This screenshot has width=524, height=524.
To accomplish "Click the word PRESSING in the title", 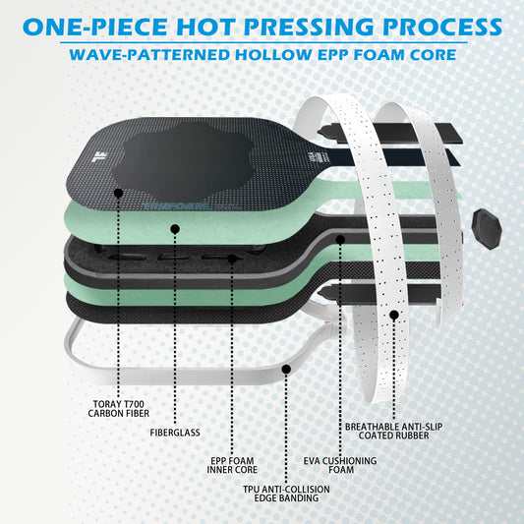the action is pos(308,27).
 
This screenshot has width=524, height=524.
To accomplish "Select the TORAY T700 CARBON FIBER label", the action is pos(119,409).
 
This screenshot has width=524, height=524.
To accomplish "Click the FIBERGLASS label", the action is pos(175,433).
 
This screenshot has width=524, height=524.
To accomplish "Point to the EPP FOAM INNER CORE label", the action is pos(232,465).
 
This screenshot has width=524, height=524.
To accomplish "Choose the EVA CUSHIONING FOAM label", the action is pos(340,465).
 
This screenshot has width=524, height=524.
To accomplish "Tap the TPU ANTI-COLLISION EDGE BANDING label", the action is pos(286,494).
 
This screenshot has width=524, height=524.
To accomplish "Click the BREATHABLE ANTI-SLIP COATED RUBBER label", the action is pos(393,432).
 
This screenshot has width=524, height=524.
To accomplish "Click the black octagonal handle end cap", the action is pos(487,229).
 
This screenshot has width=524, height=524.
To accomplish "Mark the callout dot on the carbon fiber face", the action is pos(119,193).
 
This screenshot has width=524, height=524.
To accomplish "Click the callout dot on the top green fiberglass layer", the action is pos(175,229).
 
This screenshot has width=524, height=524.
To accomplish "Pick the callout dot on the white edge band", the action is pos(286,369).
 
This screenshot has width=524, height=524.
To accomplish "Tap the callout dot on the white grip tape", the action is pos(394,315).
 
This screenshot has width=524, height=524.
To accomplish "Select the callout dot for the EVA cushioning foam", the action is pos(340,239).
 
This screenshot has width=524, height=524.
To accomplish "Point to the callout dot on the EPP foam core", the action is pos(232,259).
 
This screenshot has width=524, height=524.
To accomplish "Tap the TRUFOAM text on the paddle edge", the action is pos(175,206).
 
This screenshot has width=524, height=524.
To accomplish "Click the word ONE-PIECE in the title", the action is pos(95,27).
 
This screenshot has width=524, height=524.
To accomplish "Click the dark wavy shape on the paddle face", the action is pos(182,158).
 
